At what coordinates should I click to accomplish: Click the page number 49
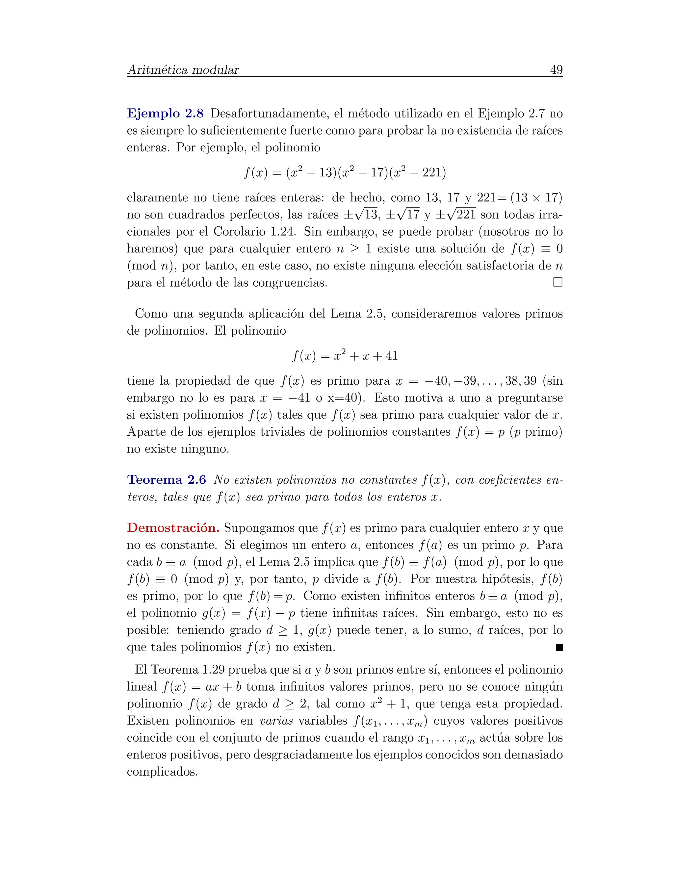(x=556, y=70)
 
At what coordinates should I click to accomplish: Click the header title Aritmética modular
(x=183, y=70)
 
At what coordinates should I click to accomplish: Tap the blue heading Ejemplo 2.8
(x=165, y=114)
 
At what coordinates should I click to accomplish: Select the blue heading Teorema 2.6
(x=166, y=479)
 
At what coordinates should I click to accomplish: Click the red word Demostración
(x=173, y=528)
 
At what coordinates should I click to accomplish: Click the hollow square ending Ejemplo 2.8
(x=558, y=282)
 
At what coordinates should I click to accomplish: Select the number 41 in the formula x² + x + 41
(x=391, y=355)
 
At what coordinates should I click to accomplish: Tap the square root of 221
(x=461, y=215)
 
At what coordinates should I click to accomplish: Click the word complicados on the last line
(x=162, y=771)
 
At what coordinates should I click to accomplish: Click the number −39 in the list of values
(x=465, y=380)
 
